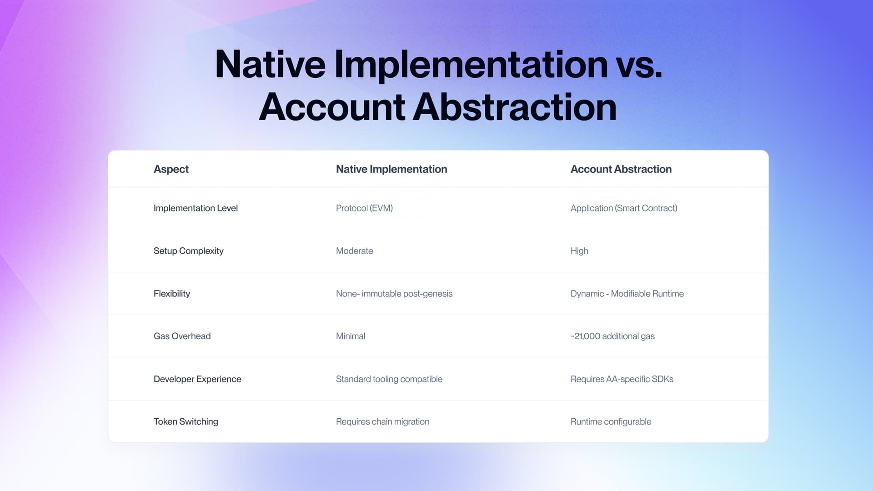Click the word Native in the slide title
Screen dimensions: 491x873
coord(270,65)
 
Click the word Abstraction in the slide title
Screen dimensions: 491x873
coord(514,107)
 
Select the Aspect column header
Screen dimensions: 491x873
coord(171,169)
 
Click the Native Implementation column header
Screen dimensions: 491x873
coord(391,169)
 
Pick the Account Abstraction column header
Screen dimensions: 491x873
coord(621,169)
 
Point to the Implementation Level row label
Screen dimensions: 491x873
coord(196,208)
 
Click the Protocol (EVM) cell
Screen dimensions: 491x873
coord(364,208)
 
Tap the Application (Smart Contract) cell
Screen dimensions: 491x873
coord(623,208)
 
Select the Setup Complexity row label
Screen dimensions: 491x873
coord(188,251)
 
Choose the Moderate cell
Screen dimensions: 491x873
coord(354,251)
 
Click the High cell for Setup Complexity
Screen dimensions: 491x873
coord(579,251)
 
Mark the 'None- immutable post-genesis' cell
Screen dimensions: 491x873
coord(394,294)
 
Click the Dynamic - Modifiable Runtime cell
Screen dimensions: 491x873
coord(627,294)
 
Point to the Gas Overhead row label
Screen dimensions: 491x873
coord(182,336)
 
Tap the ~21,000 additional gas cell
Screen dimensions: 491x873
coord(612,336)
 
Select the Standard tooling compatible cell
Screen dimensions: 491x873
coord(389,379)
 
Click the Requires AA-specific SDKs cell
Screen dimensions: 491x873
coord(622,379)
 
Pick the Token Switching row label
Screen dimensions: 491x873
coord(186,422)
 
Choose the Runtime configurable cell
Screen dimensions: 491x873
coord(611,422)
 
